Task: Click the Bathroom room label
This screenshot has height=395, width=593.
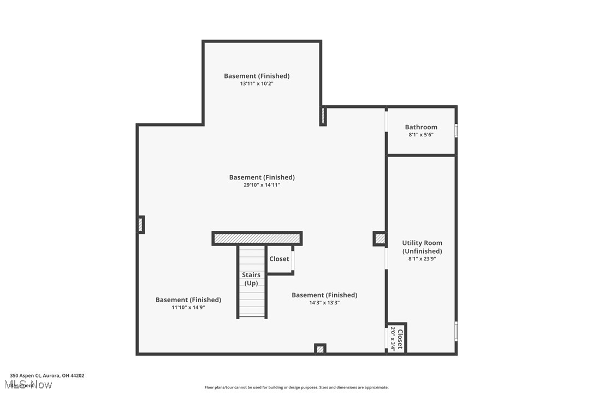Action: pyautogui.click(x=421, y=127)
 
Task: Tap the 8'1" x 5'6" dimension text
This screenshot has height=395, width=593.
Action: pyautogui.click(x=421, y=135)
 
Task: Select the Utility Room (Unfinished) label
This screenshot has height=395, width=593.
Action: pyautogui.click(x=422, y=247)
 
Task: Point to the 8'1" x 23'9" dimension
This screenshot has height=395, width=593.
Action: pyautogui.click(x=422, y=259)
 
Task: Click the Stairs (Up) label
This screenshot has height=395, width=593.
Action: pyautogui.click(x=251, y=279)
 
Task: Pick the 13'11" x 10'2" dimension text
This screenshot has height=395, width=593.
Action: pyautogui.click(x=257, y=84)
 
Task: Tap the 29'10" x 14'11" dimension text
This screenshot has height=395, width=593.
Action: pyautogui.click(x=262, y=185)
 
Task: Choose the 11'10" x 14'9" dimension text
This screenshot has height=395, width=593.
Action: pyautogui.click(x=188, y=308)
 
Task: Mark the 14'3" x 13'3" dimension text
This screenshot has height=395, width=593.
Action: pyautogui.click(x=324, y=303)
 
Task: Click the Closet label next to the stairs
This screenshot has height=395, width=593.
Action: pyautogui.click(x=279, y=259)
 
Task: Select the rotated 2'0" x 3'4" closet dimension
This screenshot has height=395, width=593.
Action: pyautogui.click(x=393, y=338)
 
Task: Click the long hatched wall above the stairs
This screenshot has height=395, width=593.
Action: pyautogui.click(x=257, y=238)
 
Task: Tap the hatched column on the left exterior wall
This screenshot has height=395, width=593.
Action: pyautogui.click(x=140, y=225)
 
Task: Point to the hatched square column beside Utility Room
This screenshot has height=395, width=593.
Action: pyautogui.click(x=379, y=238)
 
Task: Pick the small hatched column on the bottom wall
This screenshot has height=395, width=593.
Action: pyautogui.click(x=320, y=349)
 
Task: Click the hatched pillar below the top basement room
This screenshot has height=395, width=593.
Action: pyautogui.click(x=323, y=116)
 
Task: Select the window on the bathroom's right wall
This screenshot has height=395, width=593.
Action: pyautogui.click(x=456, y=130)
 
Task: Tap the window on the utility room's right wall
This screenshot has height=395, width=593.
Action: pyautogui.click(x=456, y=331)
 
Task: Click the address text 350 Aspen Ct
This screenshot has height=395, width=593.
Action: pyautogui.click(x=47, y=375)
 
